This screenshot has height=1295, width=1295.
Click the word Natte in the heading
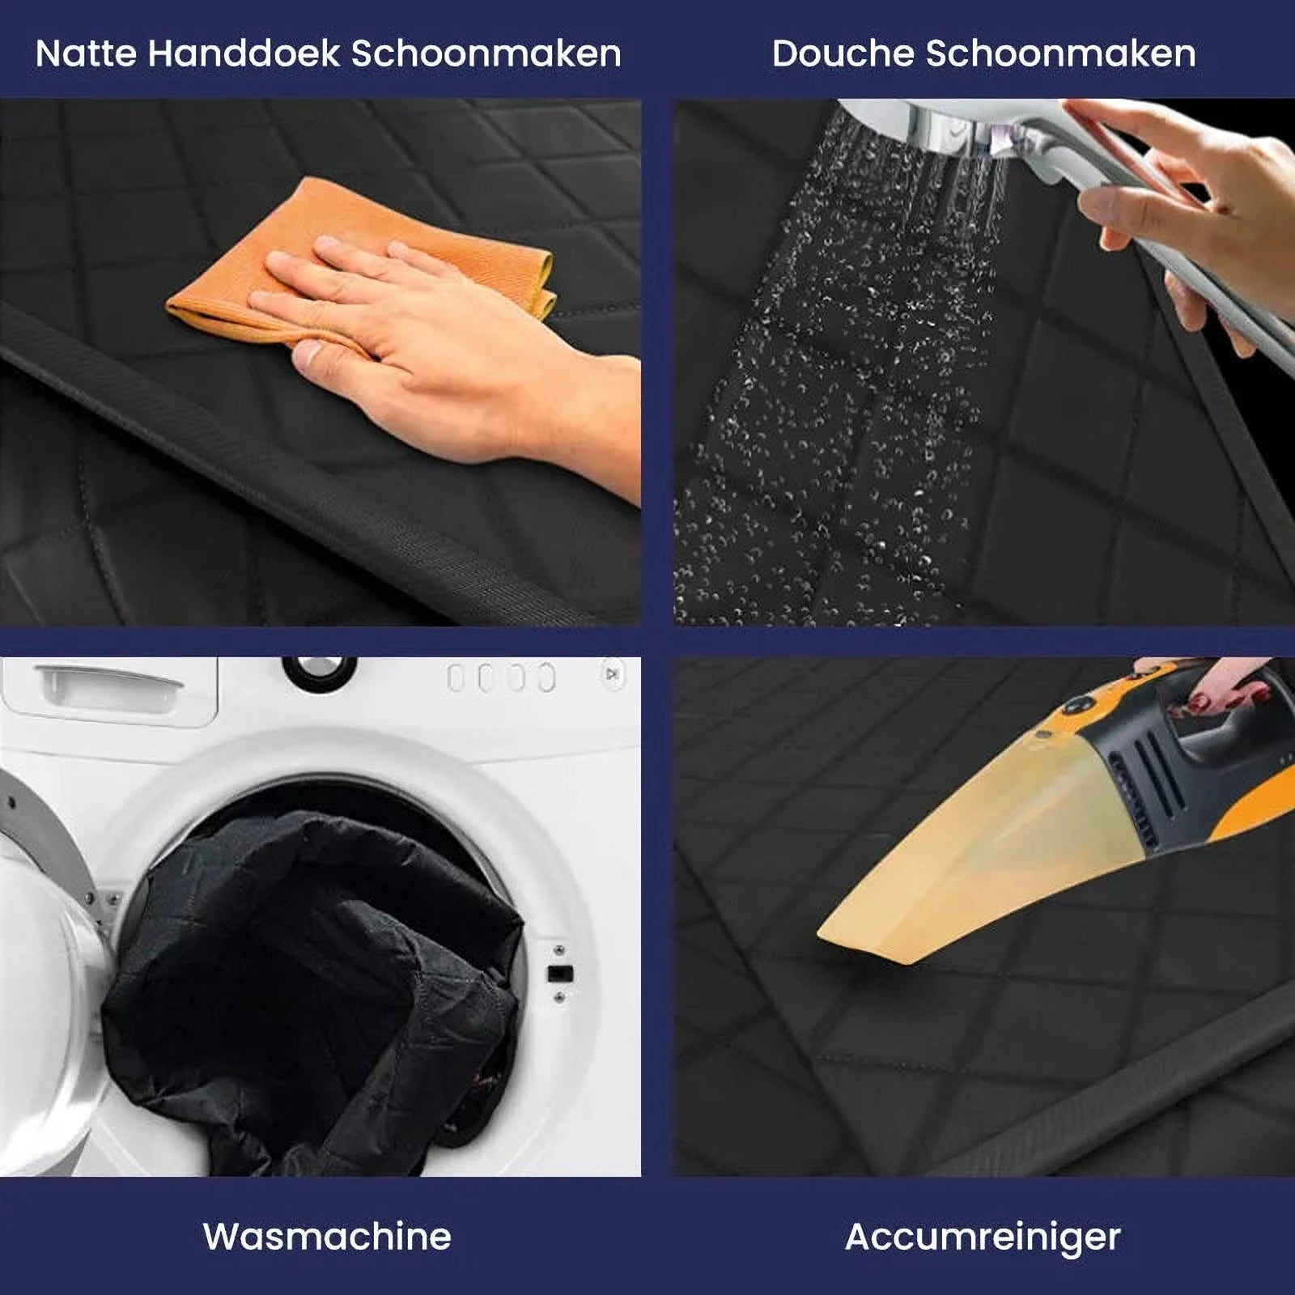(85, 54)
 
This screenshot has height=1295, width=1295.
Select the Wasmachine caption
(327, 1236)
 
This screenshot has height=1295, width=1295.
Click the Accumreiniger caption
(983, 1236)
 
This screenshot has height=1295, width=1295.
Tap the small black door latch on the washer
(560, 974)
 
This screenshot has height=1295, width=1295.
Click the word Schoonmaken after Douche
(1060, 54)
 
